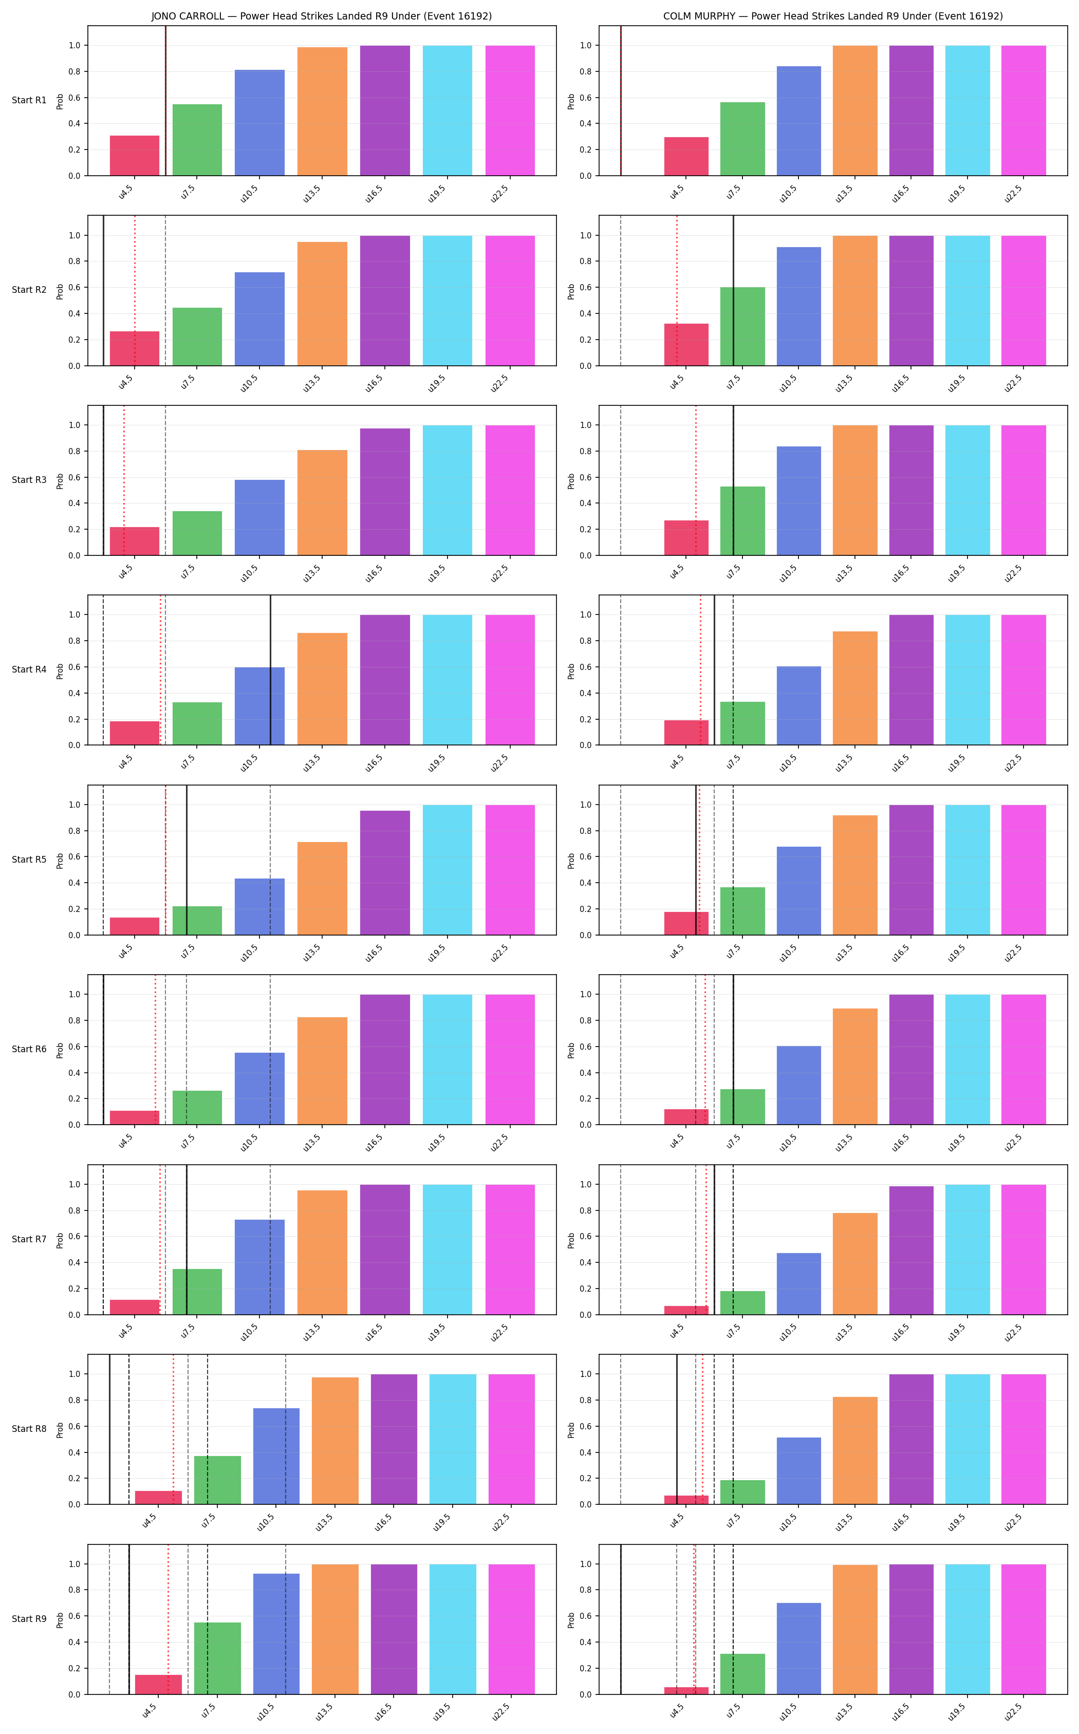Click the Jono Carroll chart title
coord(321,16)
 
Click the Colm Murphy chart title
coord(833,16)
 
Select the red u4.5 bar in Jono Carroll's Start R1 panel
coord(134,156)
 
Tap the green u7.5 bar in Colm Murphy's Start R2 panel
coord(742,326)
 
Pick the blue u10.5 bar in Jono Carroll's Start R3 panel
coord(260,517)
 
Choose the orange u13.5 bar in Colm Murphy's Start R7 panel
coord(855,1264)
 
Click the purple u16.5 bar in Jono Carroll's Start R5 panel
coord(385,873)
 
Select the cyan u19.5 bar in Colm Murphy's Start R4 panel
coord(968,680)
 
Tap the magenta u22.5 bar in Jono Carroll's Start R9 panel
coord(512,1629)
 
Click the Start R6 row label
coord(29,1049)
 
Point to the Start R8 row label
coord(29,1429)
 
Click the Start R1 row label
coord(29,100)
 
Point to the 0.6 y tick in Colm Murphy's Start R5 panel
coord(585,857)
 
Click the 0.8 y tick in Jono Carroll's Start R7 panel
coord(74,1211)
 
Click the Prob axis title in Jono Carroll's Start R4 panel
coord(60,671)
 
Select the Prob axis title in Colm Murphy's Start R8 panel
coord(571,1430)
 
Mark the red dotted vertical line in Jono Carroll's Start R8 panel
coord(173,1429)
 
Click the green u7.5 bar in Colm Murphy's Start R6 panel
coord(742,1107)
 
